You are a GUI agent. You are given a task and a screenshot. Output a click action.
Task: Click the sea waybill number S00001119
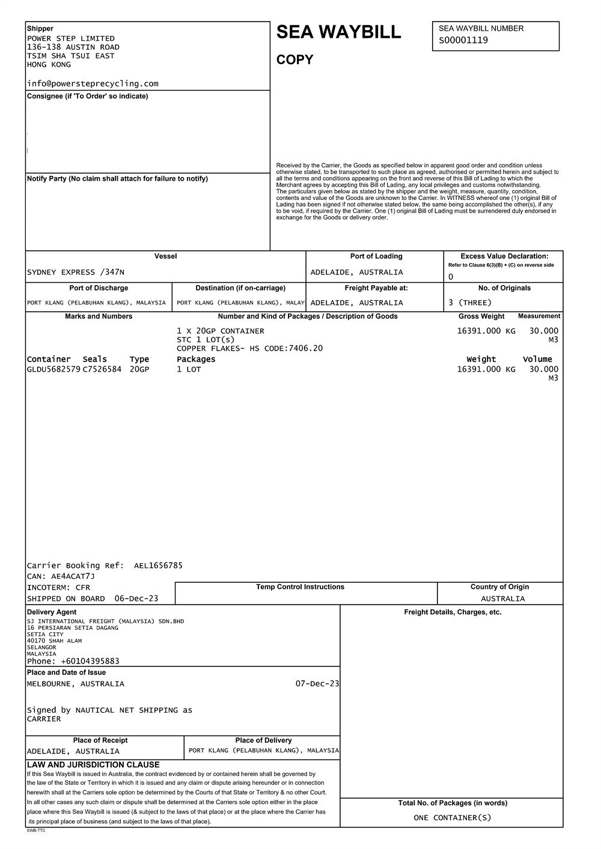click(463, 40)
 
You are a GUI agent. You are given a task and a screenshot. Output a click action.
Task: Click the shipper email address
click(93, 83)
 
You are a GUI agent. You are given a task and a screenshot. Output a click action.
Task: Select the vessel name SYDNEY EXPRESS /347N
click(76, 272)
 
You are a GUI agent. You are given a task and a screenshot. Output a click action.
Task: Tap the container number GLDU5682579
click(53, 369)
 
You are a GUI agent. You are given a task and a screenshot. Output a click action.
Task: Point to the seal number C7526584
click(102, 369)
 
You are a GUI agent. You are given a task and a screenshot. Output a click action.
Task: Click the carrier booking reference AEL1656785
click(158, 565)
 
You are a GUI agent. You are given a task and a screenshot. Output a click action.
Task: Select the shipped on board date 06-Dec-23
click(136, 599)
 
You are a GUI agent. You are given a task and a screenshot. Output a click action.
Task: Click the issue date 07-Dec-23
click(317, 684)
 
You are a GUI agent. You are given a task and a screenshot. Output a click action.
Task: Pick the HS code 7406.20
click(305, 348)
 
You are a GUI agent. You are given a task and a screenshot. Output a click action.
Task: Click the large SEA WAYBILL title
click(338, 32)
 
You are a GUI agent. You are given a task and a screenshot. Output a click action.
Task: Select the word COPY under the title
click(294, 60)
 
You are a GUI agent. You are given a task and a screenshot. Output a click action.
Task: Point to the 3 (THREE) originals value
click(470, 303)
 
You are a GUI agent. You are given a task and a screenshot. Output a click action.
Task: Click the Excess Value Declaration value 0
click(451, 277)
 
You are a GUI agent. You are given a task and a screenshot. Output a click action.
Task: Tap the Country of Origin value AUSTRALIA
click(502, 599)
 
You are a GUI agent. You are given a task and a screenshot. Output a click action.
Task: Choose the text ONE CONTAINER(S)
click(452, 817)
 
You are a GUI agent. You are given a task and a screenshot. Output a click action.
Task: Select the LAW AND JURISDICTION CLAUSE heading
click(93, 765)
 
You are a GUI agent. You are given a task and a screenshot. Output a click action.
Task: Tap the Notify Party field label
click(117, 178)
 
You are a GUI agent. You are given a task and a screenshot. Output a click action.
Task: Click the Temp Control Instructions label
click(300, 587)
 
